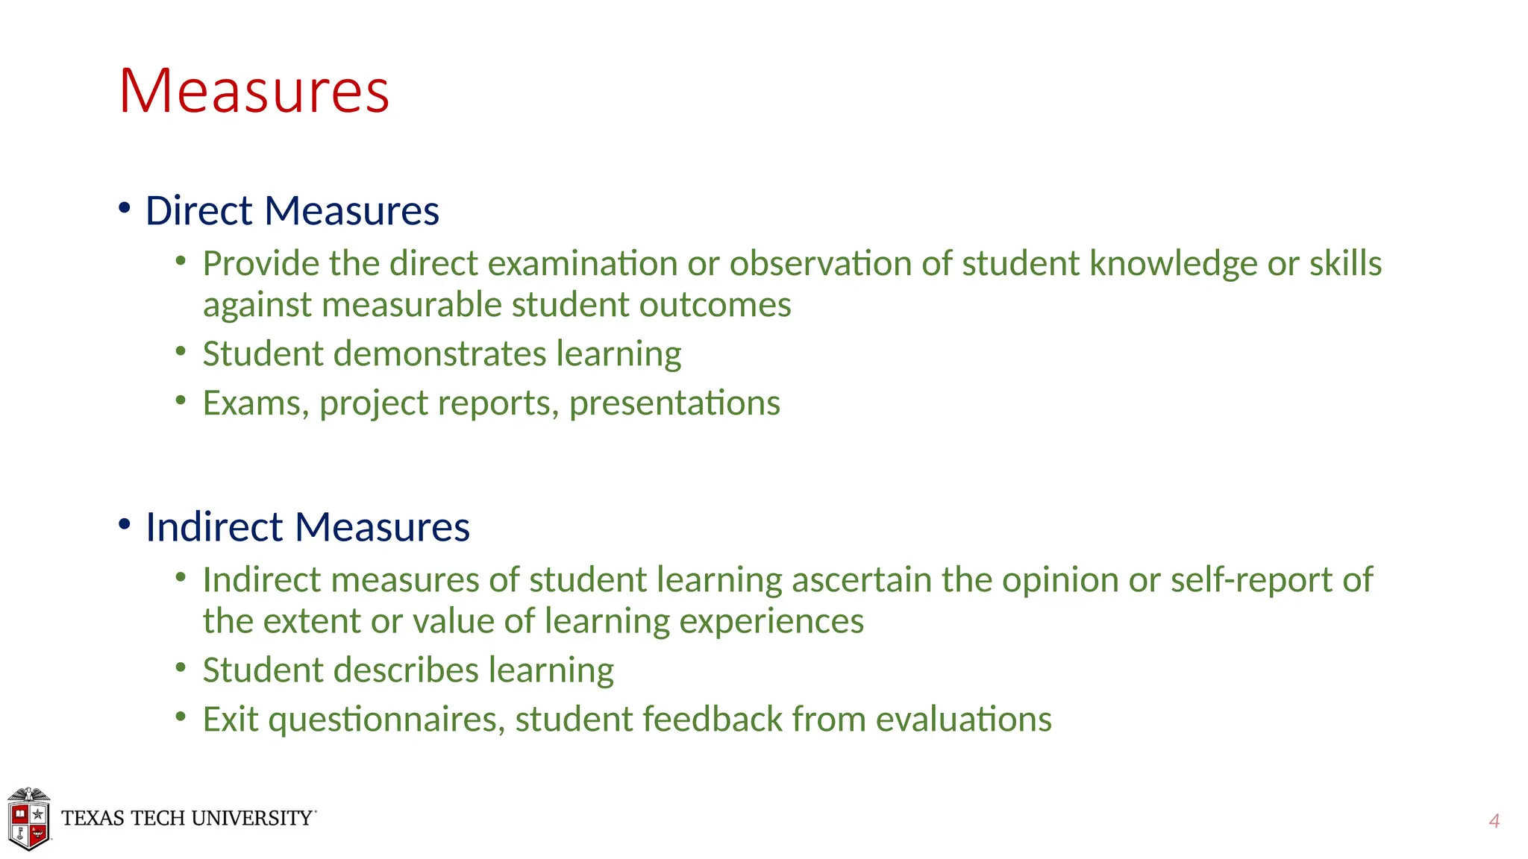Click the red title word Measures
pyautogui.click(x=254, y=91)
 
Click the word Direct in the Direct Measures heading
pyautogui.click(x=198, y=210)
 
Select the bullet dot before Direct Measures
pyautogui.click(x=125, y=208)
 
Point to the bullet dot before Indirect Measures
pyautogui.click(x=125, y=524)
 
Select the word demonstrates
pyautogui.click(x=439, y=353)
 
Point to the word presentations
pyautogui.click(x=674, y=403)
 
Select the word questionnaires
pyautogui.click(x=386, y=720)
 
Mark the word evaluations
pyautogui.click(x=963, y=720)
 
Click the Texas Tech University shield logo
pyautogui.click(x=29, y=819)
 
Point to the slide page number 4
pyautogui.click(x=1494, y=821)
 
